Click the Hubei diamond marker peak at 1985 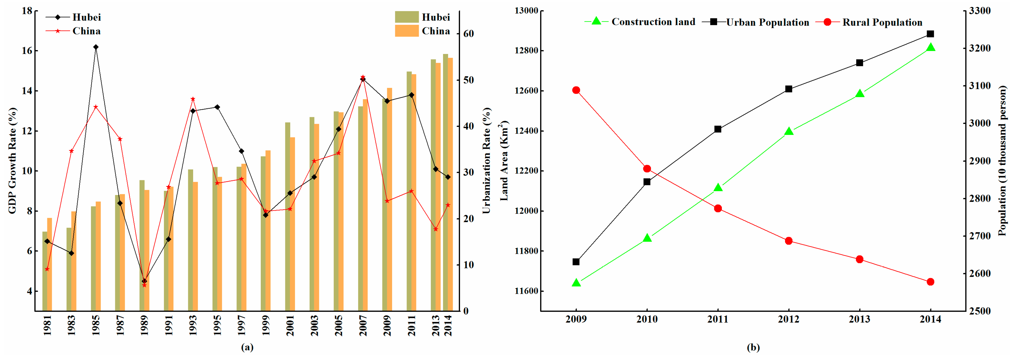point(96,47)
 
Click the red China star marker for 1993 point(193,99)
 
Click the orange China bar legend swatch point(407,31)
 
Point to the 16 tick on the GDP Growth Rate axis point(27,51)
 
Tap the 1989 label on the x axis point(144,325)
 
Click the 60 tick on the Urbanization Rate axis point(469,34)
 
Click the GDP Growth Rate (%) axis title point(12,161)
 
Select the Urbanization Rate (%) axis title point(486,161)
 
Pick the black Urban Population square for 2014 point(930,34)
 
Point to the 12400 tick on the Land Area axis point(526,131)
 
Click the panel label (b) point(753,347)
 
